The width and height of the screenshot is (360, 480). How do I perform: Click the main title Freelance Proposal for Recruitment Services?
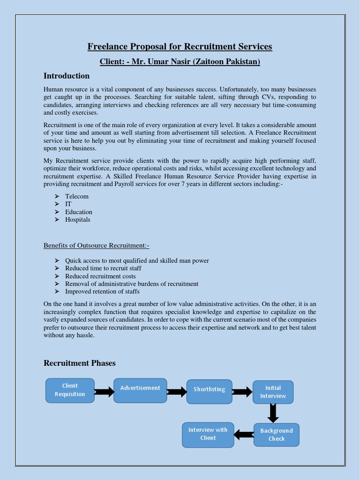[x=180, y=46]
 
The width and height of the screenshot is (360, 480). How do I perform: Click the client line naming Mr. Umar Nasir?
[x=180, y=61]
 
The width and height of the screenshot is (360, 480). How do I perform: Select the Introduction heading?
[x=67, y=76]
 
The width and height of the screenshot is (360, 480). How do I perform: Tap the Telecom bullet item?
[x=77, y=196]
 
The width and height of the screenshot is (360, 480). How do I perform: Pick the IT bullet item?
[x=68, y=204]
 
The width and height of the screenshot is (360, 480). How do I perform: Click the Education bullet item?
[x=79, y=212]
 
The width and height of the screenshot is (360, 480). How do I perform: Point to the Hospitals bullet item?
[x=78, y=219]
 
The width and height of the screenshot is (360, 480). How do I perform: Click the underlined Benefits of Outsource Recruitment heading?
[x=96, y=246]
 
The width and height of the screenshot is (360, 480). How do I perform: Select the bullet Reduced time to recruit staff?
[x=103, y=268]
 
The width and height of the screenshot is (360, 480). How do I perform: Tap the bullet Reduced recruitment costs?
[x=100, y=276]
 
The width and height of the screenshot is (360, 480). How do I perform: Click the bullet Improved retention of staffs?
[x=102, y=292]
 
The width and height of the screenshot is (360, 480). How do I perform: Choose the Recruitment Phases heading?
[x=79, y=363]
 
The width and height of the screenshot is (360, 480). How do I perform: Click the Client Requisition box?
[x=70, y=390]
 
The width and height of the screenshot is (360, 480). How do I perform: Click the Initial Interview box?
[x=273, y=392]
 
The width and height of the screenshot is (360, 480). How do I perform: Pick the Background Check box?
[x=277, y=435]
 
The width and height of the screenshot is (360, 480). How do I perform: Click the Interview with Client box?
[x=208, y=434]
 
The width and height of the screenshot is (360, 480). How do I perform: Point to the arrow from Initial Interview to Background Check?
[x=273, y=413]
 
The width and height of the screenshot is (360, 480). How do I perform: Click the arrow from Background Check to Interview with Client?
[x=244, y=435]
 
